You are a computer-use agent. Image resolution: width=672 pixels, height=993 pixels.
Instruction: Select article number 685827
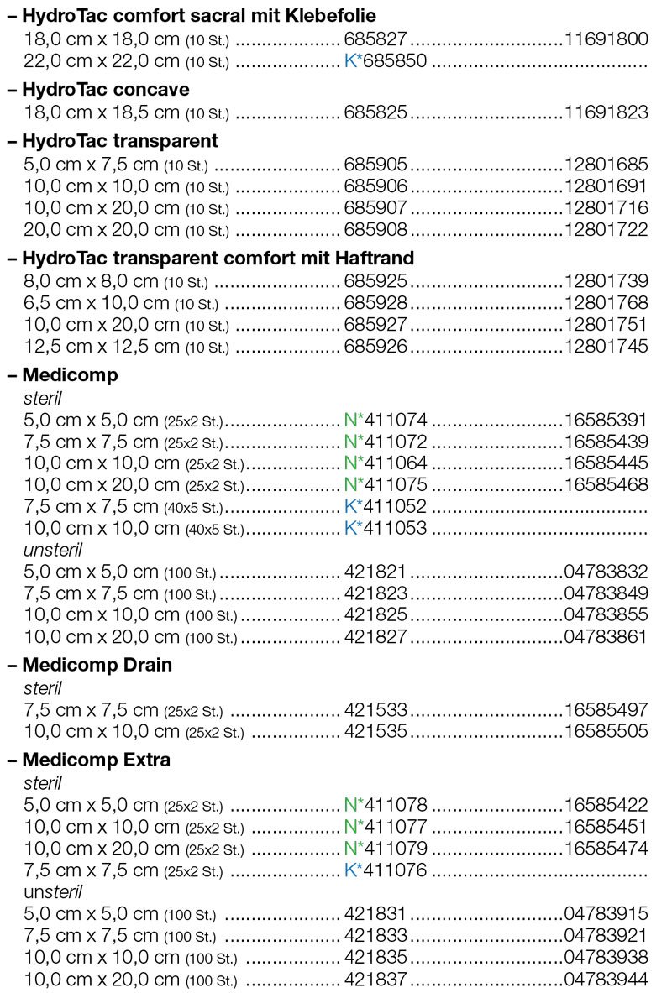tap(375, 39)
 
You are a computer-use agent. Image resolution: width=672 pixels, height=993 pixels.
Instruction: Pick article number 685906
tap(375, 186)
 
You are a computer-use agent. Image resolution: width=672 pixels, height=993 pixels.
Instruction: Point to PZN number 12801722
tap(606, 229)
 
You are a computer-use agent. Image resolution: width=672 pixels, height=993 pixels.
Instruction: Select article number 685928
tap(375, 302)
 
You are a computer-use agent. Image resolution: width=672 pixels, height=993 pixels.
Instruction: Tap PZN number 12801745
tap(606, 346)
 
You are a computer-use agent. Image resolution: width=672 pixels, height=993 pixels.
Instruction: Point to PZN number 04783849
tap(606, 594)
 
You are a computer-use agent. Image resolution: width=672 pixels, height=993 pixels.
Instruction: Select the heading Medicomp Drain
tap(97, 665)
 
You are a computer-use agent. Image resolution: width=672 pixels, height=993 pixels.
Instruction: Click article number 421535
tap(375, 731)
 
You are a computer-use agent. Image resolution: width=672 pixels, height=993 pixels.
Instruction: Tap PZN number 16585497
tap(606, 710)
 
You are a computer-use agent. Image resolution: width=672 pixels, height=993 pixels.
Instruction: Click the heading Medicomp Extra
tap(97, 760)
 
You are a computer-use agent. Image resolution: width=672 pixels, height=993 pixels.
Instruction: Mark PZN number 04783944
tap(606, 980)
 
